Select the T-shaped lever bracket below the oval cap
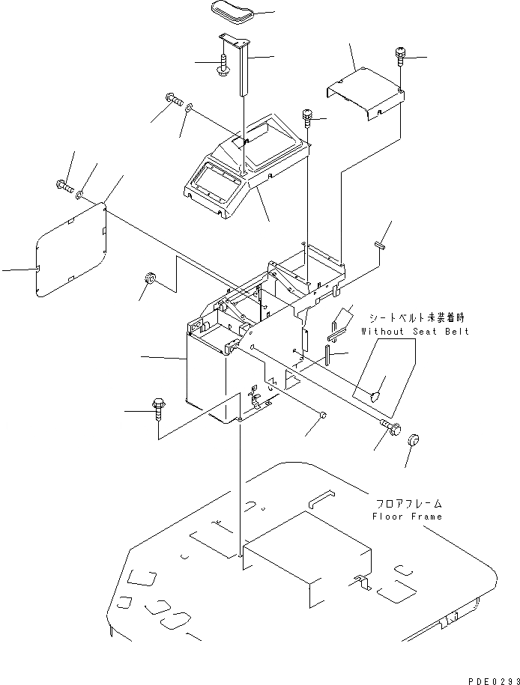(x=241, y=60)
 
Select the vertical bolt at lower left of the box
(x=159, y=409)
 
